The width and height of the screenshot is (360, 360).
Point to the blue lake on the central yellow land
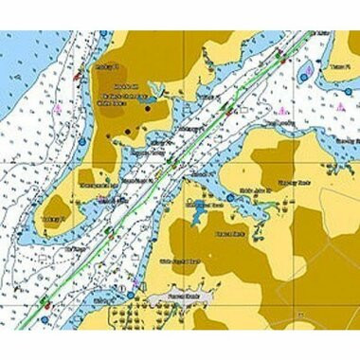click(x=197, y=219)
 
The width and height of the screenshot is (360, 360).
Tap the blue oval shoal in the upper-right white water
click(x=305, y=72)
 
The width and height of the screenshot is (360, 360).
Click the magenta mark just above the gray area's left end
click(x=135, y=281)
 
